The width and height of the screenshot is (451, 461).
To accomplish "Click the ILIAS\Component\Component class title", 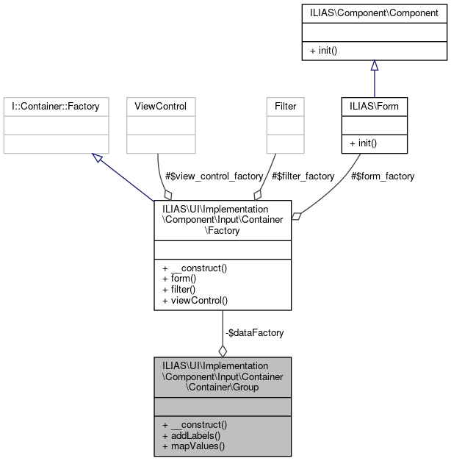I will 375,12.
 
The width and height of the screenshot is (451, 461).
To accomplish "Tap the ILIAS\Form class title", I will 375,107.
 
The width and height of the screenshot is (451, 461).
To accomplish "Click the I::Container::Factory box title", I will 55,107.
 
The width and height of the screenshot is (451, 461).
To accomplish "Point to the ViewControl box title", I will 161,107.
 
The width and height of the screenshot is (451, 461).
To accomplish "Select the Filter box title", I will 285,107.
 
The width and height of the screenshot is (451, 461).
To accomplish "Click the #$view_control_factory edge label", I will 214,176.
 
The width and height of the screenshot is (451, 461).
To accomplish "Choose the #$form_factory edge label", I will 382,176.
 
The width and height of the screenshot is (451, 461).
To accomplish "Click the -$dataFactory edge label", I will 254,332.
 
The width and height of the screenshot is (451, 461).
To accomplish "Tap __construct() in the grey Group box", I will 195,424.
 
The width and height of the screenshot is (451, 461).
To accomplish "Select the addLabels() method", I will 191,435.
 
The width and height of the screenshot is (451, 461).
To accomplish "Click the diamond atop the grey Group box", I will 223,351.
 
